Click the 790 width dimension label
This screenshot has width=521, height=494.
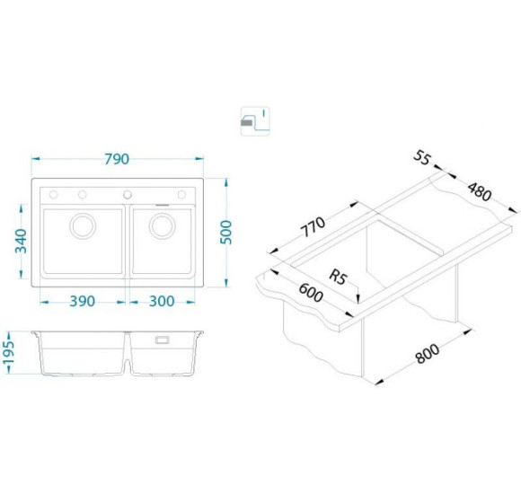(117, 159)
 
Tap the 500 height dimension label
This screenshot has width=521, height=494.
(226, 233)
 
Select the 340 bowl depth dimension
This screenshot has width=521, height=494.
(21, 241)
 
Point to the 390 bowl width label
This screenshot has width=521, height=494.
(82, 301)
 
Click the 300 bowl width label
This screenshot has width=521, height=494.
(162, 301)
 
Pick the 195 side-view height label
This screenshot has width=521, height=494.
(9, 352)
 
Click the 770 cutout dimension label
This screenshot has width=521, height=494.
(313, 227)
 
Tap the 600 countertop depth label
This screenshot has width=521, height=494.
(311, 292)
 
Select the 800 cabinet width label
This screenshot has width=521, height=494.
(428, 354)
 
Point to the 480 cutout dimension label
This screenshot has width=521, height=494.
(479, 192)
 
